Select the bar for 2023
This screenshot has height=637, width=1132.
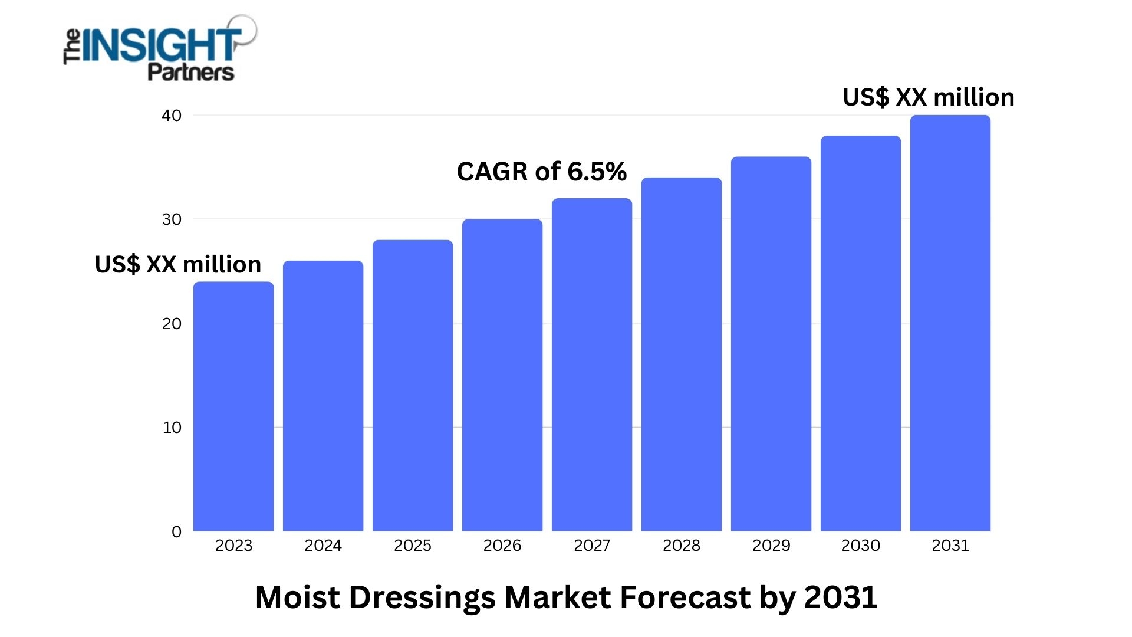[233, 407]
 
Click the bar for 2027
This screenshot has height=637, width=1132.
[592, 366]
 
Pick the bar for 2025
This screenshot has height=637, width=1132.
[413, 386]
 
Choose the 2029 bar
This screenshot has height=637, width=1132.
[771, 344]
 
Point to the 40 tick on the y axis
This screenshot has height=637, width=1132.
[172, 116]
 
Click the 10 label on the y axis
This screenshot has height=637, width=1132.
[172, 428]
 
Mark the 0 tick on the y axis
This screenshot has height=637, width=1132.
[176, 532]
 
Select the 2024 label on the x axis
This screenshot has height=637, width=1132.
[323, 546]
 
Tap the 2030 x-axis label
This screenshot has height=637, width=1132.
[861, 546]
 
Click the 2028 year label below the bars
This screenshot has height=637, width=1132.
[682, 546]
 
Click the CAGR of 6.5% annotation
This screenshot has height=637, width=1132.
[541, 172]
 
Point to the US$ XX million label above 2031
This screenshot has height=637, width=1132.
[929, 97]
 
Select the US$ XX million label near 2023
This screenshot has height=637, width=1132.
[177, 264]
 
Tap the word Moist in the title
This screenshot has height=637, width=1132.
[298, 597]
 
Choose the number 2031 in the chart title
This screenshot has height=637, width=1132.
[841, 597]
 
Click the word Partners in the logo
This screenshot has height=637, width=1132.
[190, 73]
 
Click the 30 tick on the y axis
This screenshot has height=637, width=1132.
[172, 219]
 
